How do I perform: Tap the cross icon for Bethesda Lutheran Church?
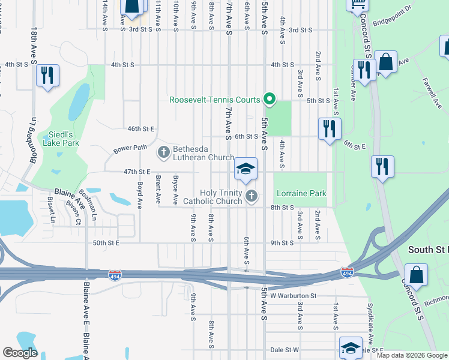(x=163, y=152)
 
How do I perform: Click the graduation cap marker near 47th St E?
(x=246, y=170)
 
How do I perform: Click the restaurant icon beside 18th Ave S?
(x=47, y=76)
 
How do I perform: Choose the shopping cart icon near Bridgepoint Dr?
(x=358, y=5)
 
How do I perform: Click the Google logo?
(x=20, y=353)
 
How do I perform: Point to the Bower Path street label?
(x=130, y=148)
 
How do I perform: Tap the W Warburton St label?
(x=293, y=296)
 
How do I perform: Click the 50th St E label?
(x=106, y=243)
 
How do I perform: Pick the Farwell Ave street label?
(x=431, y=89)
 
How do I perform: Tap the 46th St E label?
(x=141, y=129)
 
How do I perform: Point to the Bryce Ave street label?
(x=176, y=190)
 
